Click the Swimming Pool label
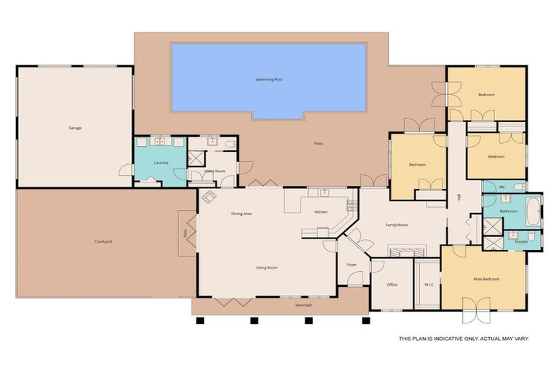tap(269, 78)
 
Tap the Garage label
tap(75, 128)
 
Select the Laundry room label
tap(162, 163)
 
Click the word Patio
tap(318, 143)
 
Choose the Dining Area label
tap(241, 213)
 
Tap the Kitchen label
tap(321, 211)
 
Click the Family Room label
tap(397, 225)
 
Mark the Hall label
tap(459, 196)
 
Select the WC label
tap(502, 187)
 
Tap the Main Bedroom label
tap(486, 279)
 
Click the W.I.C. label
tap(429, 284)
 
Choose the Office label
tap(392, 284)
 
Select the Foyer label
tap(352, 264)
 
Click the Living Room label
tap(267, 267)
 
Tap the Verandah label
tap(304, 305)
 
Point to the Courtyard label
tap(103, 242)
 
